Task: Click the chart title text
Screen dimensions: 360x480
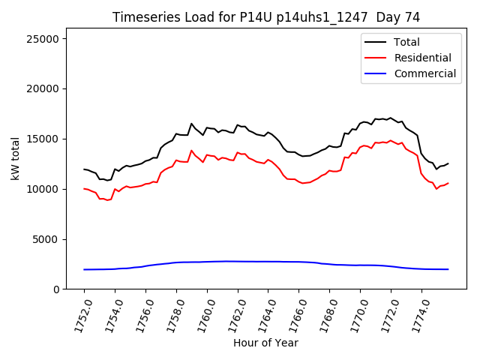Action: [x=265, y=17]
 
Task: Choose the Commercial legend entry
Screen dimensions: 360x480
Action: [x=424, y=73]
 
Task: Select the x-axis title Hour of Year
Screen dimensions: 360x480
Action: [x=265, y=343]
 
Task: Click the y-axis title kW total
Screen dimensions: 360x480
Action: [x=14, y=159]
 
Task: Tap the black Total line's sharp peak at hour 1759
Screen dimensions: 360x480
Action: [x=191, y=124]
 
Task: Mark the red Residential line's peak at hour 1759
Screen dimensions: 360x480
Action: [x=191, y=151]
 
